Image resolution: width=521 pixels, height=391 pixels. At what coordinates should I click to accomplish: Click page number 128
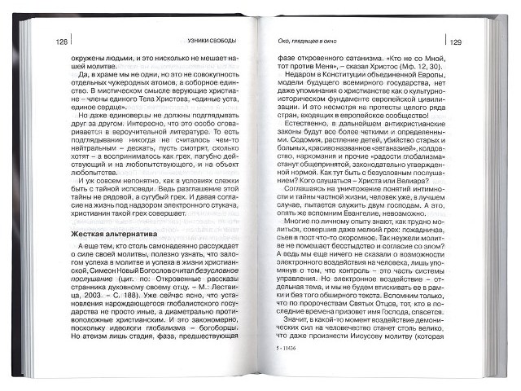(61, 41)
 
